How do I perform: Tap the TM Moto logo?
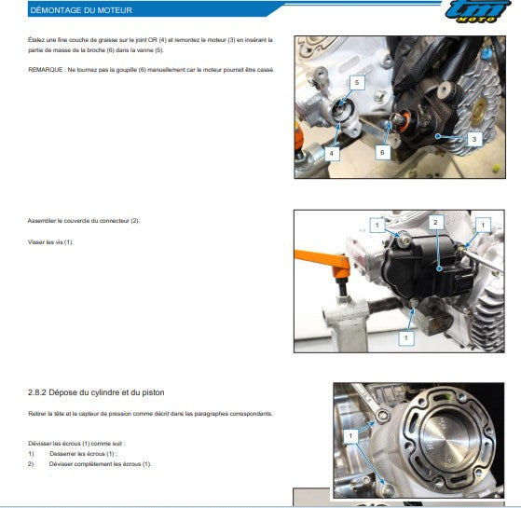pyautogui.click(x=478, y=14)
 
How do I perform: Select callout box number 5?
pyautogui.click(x=355, y=83)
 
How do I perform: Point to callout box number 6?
pyautogui.click(x=382, y=151)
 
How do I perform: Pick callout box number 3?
pyautogui.click(x=473, y=138)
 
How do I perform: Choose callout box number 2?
pyautogui.click(x=434, y=222)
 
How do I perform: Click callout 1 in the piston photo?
pyautogui.click(x=350, y=435)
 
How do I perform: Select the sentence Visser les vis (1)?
pyautogui.click(x=50, y=242)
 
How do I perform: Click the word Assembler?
pyautogui.click(x=42, y=221)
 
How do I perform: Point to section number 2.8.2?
pyautogui.click(x=39, y=392)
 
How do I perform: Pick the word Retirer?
pyautogui.click(x=37, y=413)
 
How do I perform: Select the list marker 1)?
pyautogui.click(x=31, y=453)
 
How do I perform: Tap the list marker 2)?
pyautogui.click(x=31, y=463)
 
